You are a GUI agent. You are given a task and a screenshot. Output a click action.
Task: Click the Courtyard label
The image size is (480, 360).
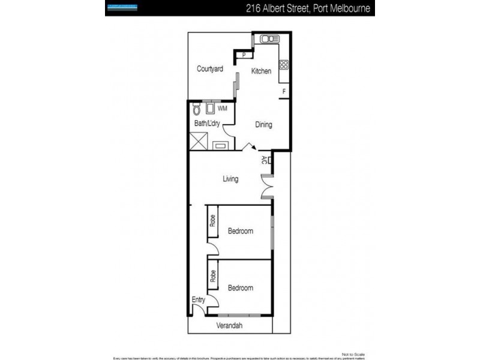pos(210,69)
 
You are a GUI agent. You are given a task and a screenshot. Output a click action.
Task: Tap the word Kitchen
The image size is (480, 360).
pos(261,71)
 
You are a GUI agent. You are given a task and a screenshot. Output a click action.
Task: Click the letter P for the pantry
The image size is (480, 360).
pos(244,56)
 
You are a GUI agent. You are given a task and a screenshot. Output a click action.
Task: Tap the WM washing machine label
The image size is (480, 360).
pos(223,109)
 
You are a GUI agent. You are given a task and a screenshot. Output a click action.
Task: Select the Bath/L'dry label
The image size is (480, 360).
pos(206,124)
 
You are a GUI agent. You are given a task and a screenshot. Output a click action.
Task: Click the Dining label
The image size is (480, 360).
pos(263,125)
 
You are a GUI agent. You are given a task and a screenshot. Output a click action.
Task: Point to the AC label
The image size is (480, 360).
pos(265,160)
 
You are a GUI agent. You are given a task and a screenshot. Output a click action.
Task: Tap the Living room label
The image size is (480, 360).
pos(230,179)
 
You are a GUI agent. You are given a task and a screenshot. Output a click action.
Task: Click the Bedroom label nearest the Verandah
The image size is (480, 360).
pos(240,288)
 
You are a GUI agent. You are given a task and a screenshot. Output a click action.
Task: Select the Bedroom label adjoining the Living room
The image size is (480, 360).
pos(240,231)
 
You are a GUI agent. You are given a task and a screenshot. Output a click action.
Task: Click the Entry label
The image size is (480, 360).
pos(199,299)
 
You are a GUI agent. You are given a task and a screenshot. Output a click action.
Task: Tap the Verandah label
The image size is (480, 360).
pos(231,326)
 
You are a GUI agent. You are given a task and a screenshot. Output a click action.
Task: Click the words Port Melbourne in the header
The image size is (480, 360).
pos(341,8)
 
